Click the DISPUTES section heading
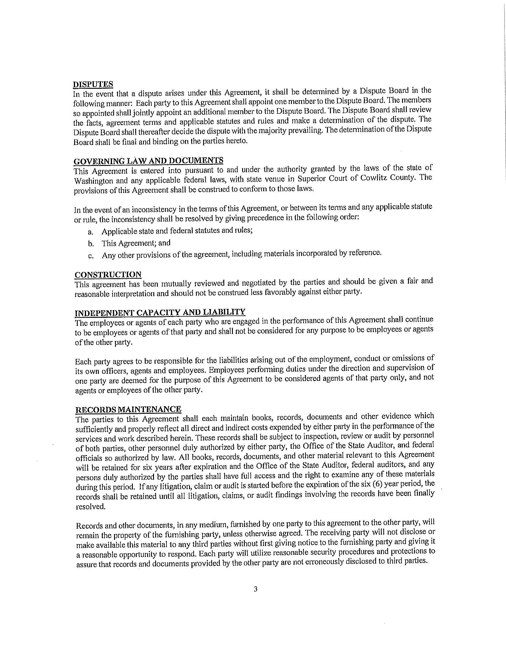pyautogui.click(x=93, y=84)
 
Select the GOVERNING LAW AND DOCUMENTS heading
pyautogui.click(x=149, y=161)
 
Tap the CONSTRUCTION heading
pyautogui.click(x=108, y=275)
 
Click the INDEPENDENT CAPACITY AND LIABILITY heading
pyautogui.click(x=160, y=313)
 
